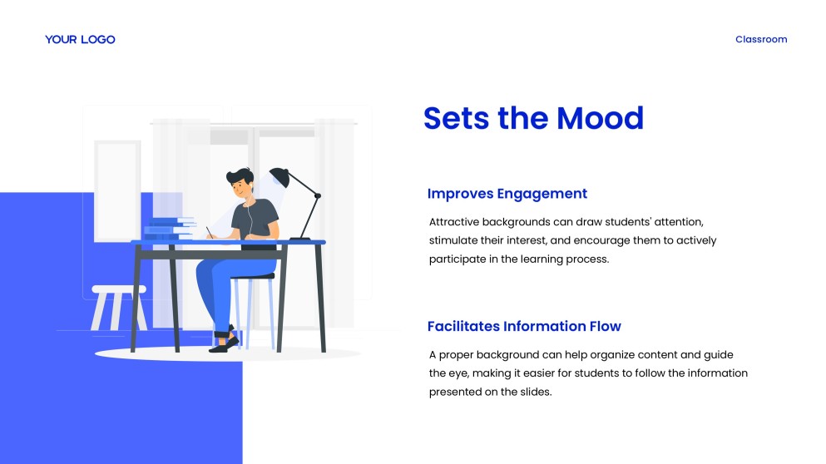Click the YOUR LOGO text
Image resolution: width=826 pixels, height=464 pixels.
[80, 40]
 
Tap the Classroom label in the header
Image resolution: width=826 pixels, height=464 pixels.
[761, 40]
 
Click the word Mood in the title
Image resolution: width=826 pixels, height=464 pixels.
[600, 118]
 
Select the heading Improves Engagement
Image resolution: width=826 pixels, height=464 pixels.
[507, 194]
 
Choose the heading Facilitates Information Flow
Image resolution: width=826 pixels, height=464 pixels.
[524, 327]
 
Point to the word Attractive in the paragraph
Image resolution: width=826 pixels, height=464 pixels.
[453, 222]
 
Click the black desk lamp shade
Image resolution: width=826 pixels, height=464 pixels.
[279, 177]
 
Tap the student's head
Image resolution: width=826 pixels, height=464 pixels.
[240, 182]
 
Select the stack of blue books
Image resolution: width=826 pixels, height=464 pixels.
[169, 229]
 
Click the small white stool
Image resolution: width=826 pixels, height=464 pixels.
[119, 308]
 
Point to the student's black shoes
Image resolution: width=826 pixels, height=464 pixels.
[225, 343]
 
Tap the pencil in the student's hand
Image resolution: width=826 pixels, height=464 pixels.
[209, 232]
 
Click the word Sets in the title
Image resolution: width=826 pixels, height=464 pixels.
[456, 118]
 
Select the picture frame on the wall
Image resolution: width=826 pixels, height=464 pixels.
[117, 191]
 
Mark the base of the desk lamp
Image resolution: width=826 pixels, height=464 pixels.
[299, 239]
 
